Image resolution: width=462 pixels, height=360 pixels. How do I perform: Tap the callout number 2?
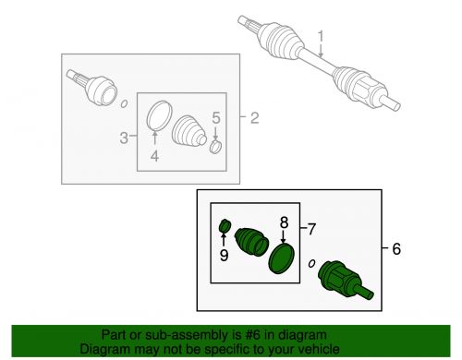pyautogui.click(x=254, y=118)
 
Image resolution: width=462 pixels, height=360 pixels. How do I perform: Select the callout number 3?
pyautogui.click(x=124, y=138)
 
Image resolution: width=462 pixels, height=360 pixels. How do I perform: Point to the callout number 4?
pyautogui.click(x=154, y=156)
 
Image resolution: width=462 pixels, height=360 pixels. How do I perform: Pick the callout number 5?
pyautogui.click(x=216, y=118)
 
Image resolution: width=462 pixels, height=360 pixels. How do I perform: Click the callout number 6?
pyautogui.click(x=396, y=248)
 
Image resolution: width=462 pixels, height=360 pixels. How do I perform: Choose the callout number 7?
pyautogui.click(x=311, y=229)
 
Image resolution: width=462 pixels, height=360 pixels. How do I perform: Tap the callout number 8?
pyautogui.click(x=284, y=222)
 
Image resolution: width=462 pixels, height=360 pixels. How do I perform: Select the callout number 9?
pyautogui.click(x=224, y=255)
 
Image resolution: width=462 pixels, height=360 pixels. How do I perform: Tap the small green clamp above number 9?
pyautogui.click(x=225, y=226)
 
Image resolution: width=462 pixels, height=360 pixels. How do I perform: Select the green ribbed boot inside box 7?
pyautogui.click(x=251, y=242)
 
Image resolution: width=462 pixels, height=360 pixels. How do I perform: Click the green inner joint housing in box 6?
pyautogui.click(x=345, y=280)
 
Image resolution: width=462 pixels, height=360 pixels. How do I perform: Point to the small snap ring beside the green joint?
pyautogui.click(x=312, y=263)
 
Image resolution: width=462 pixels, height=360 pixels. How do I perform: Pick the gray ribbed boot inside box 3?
pyautogui.click(x=188, y=132)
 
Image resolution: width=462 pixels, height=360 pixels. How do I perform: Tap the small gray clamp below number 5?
pyautogui.click(x=216, y=146)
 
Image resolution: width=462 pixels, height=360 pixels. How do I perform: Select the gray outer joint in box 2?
pyautogui.click(x=92, y=87)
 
